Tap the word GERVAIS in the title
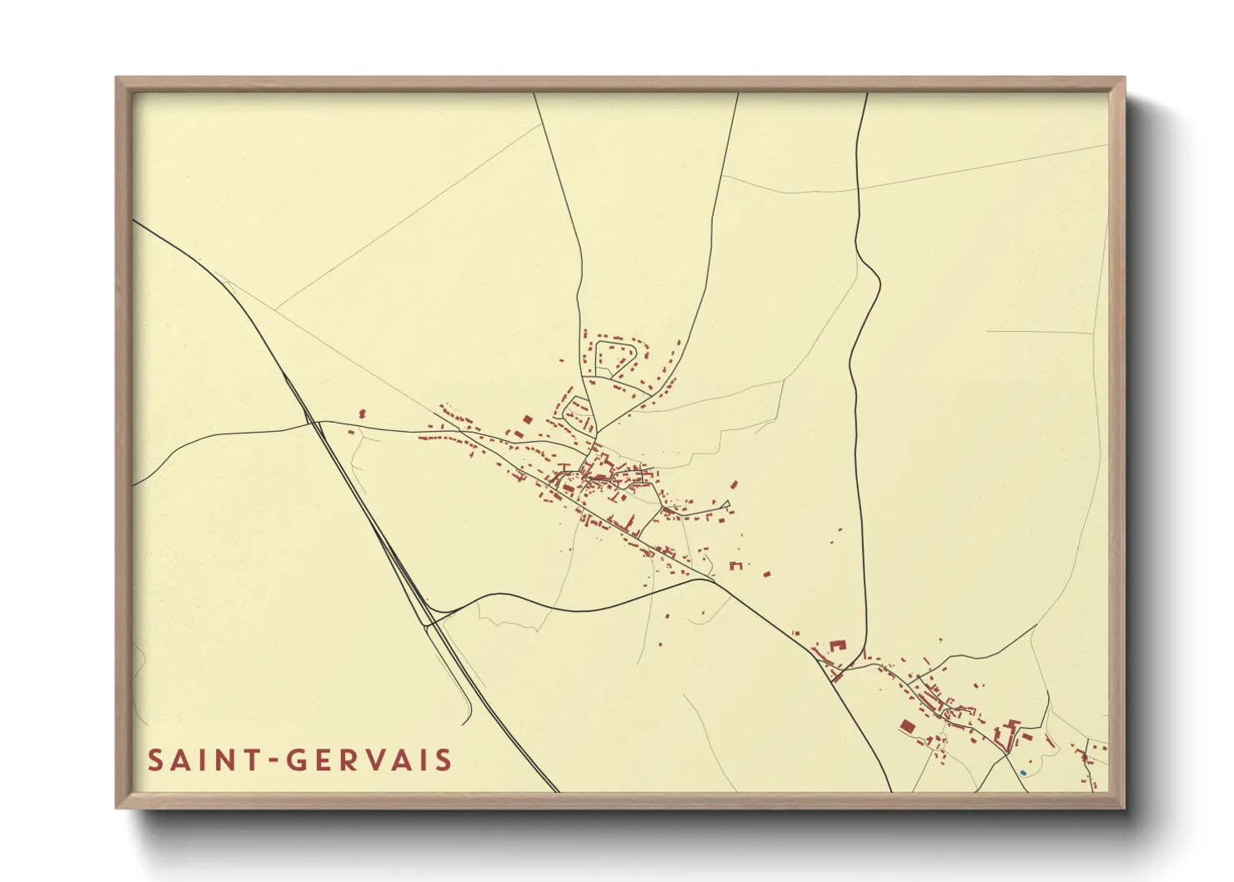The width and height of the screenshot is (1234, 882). pos(369,760)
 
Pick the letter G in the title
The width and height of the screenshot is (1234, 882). pos(297,760)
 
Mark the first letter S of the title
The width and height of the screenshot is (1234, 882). pos(156,760)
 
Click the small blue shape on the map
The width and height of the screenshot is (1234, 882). pos(1023,773)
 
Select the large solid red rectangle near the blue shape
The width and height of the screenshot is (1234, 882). pos(907,727)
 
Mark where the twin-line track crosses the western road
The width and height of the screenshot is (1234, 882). pos(317,423)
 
